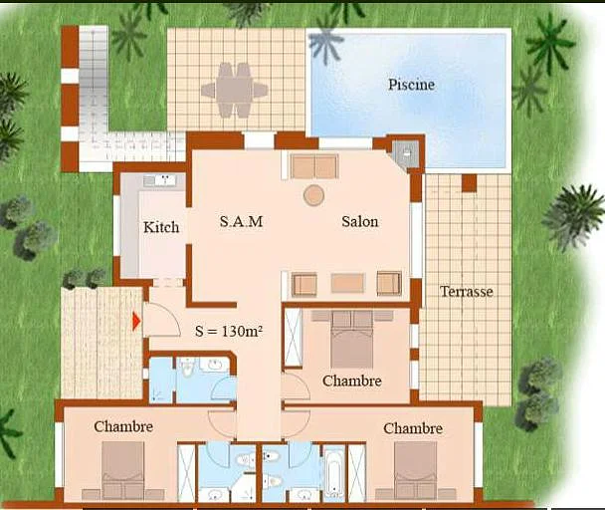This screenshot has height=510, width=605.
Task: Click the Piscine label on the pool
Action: (x=411, y=85)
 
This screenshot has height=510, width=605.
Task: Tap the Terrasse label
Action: (x=467, y=292)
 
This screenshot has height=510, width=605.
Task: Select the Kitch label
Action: (x=161, y=227)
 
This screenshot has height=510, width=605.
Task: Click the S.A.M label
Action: (x=241, y=221)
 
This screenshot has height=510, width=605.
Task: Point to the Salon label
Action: (x=360, y=221)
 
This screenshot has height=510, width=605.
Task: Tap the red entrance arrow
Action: (x=136, y=320)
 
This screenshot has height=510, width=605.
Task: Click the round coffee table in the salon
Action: (x=313, y=195)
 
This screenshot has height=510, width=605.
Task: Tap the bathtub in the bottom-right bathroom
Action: (x=333, y=472)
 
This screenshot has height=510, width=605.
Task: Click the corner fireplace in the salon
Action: (x=405, y=153)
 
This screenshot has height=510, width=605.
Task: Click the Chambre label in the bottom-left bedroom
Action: (x=123, y=426)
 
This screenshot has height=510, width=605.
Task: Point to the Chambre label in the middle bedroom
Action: (x=351, y=381)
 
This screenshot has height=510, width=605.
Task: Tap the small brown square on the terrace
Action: (x=469, y=183)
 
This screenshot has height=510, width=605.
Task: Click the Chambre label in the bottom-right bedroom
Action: (x=413, y=428)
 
